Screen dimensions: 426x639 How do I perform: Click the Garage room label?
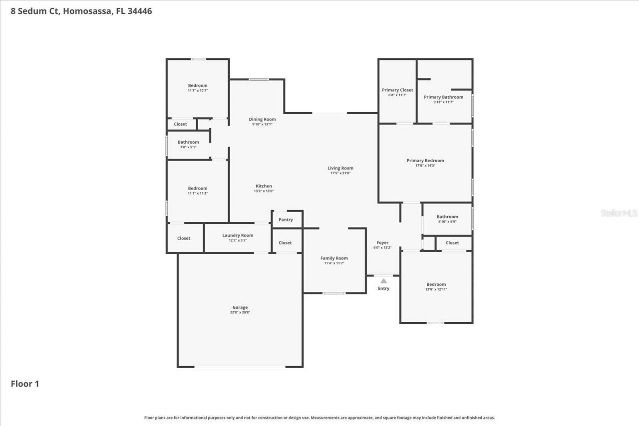[240, 307]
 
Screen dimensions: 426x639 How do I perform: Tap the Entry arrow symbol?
[383, 281]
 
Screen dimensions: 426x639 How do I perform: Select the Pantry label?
[286, 219]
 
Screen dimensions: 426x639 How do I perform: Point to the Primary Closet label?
[397, 90]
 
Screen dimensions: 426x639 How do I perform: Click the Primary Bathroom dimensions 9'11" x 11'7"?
[443, 102]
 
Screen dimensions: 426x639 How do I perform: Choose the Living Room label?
[340, 168]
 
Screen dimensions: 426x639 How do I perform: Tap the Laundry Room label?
[238, 235]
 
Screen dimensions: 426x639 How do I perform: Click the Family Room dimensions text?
[334, 263]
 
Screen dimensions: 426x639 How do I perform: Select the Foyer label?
[382, 243]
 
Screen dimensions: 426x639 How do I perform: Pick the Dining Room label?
[262, 119]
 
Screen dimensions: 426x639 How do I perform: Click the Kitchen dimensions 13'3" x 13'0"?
[264, 191]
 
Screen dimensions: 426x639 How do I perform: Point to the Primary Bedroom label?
[425, 161]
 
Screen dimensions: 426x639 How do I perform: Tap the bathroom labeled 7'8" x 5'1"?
[188, 144]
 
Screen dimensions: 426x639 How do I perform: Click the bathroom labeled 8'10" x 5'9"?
[447, 218]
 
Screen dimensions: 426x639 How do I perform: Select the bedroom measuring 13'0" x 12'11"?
[436, 286]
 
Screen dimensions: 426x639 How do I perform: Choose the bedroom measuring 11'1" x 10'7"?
[197, 88]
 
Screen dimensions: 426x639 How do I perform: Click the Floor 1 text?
[25, 384]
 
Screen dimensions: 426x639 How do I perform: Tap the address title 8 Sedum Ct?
[81, 11]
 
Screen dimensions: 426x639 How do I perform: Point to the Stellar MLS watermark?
[619, 213]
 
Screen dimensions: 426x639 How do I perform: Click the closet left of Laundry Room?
[184, 238]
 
